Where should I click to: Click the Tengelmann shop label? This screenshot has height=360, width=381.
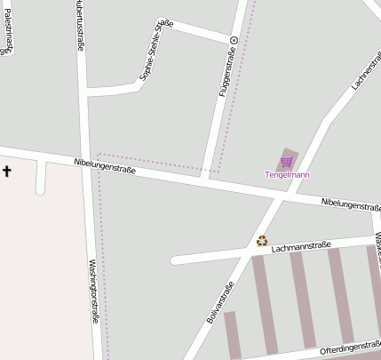pos(287,175)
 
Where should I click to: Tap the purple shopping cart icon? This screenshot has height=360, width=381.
pos(286,162)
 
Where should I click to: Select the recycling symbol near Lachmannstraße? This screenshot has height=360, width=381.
pos(262,240)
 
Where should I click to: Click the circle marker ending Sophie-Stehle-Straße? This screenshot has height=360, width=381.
pos(234,40)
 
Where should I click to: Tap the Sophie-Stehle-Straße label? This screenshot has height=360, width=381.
pos(156,52)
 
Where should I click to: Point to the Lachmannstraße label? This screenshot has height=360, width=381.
pos(301,246)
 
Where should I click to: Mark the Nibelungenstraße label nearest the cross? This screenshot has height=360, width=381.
pos(105,164)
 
